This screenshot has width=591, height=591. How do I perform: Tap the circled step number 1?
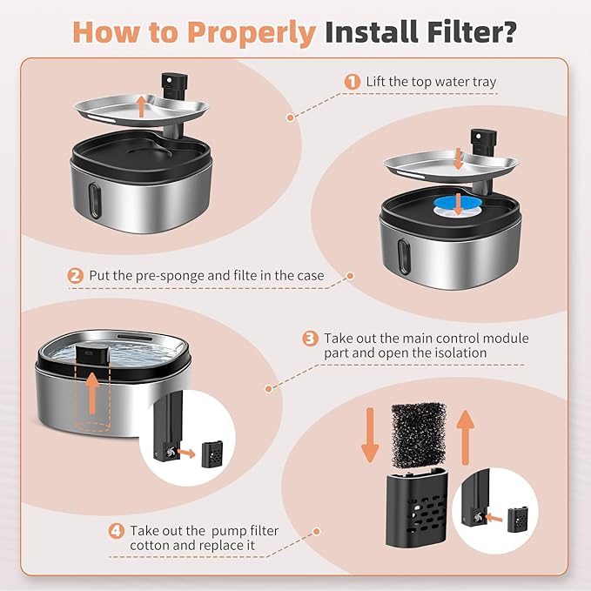click(352, 81)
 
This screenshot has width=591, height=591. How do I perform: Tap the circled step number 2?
click(77, 276)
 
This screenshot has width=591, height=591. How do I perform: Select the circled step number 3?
click(310, 338)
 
